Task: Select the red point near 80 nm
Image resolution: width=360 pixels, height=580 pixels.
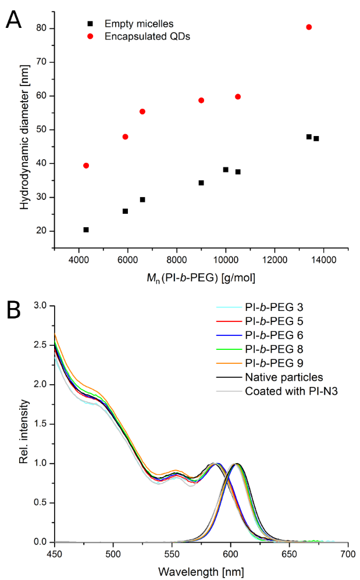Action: [309, 27]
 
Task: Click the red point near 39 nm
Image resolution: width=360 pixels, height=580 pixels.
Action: [86, 166]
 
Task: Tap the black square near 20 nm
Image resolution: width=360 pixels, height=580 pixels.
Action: [86, 230]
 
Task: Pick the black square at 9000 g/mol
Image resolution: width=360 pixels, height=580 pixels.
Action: [201, 182]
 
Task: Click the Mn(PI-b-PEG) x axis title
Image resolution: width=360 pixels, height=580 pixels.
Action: [202, 278]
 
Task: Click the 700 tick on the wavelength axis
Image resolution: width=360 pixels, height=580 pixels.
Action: [347, 552]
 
